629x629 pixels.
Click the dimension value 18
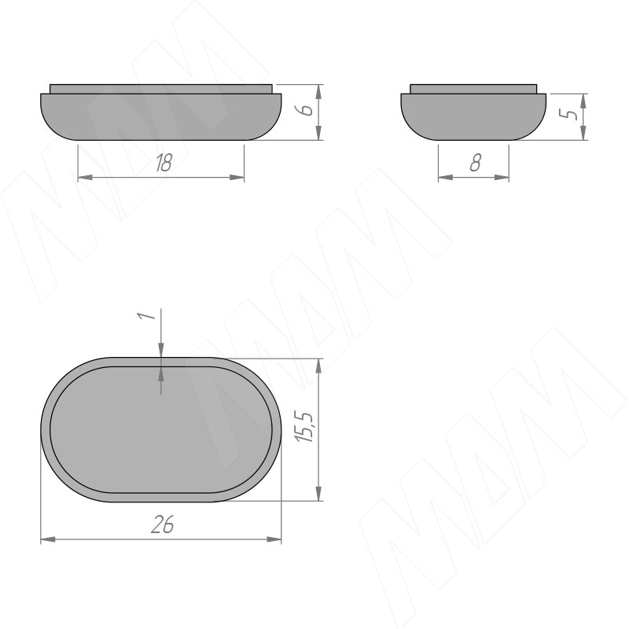164,163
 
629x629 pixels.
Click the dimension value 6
307,109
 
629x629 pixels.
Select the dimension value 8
475,163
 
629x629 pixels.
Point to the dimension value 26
163,524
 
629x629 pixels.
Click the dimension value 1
147,315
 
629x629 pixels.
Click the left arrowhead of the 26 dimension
48,539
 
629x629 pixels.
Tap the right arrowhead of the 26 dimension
274,539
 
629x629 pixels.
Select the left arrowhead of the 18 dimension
85,177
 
